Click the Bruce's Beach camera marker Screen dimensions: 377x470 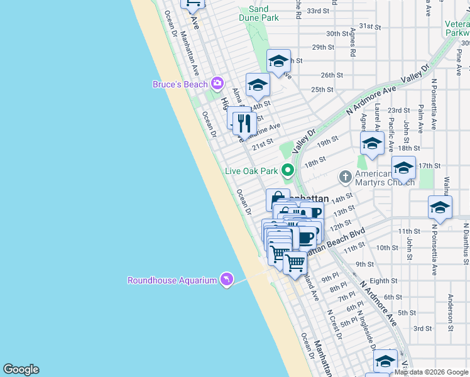click(x=217, y=83)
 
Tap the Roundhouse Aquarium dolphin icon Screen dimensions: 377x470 click(x=226, y=280)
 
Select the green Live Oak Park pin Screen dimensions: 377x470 click(x=288, y=170)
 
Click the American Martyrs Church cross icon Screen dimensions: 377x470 click(x=345, y=177)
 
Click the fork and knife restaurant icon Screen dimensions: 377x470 click(x=244, y=123)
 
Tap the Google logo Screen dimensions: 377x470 click(x=21, y=369)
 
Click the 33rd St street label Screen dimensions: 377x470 click(x=319, y=11)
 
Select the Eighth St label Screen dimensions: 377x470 click(x=384, y=281)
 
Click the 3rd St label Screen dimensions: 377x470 click(x=423, y=329)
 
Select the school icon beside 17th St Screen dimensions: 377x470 click(x=403, y=168)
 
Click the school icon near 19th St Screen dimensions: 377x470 click(x=372, y=144)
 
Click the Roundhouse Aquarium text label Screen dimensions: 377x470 click(x=172, y=280)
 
